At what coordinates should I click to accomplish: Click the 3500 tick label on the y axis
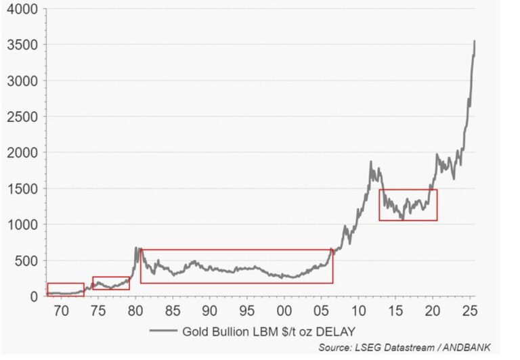[x=20, y=45]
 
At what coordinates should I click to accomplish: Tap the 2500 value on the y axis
[x=20, y=116]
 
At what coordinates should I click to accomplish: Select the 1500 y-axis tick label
[x=20, y=188]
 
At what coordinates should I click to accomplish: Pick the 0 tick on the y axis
[x=32, y=296]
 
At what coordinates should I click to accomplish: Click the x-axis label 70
[x=61, y=311]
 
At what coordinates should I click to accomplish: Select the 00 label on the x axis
[x=284, y=311]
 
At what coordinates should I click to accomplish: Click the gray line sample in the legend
[x=165, y=332]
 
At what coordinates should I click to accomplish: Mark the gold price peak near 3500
[x=475, y=41]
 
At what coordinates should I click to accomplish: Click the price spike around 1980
[x=135, y=248]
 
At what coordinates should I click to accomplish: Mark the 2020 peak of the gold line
[x=437, y=154]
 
